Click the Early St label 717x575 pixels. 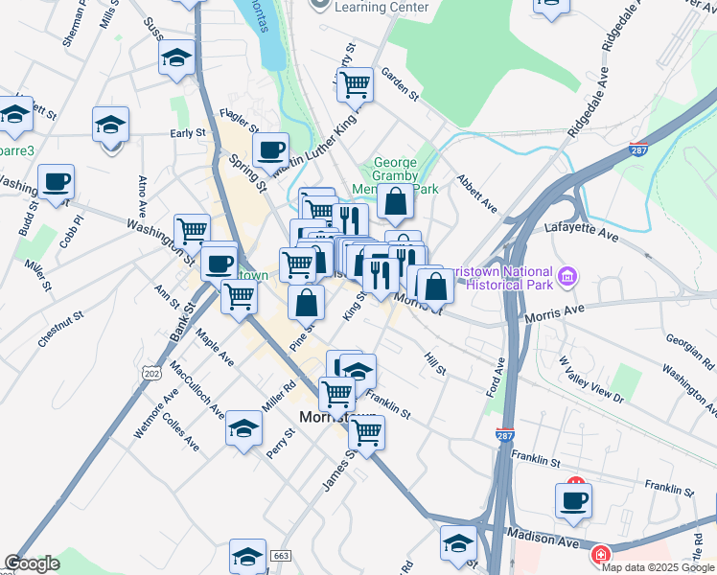coord(187,133)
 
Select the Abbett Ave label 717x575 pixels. coord(477,193)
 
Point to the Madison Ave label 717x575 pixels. coord(543,538)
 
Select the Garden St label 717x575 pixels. coord(401,83)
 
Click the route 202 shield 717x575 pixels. coord(150,371)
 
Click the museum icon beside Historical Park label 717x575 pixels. coord(567,277)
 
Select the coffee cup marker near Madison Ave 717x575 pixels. coord(573,499)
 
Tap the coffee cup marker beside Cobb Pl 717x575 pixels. coord(56,180)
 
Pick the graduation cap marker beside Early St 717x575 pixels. coord(111,125)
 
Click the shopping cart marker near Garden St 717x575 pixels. coord(355,83)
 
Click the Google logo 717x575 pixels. coord(32,563)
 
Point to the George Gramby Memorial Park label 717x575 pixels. coord(395,175)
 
